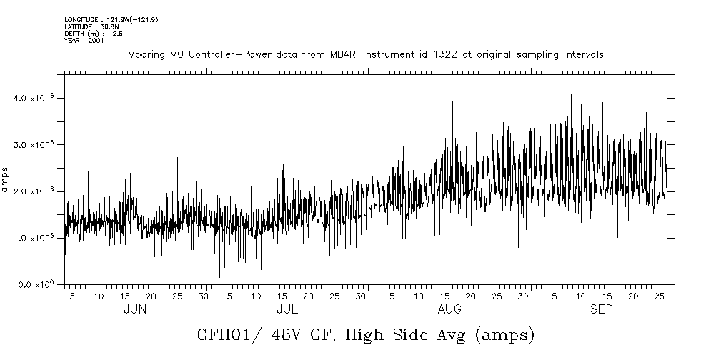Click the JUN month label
pos(135,309)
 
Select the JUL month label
pos(287,309)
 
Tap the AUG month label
pos(449,309)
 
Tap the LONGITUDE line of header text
pos(111,19)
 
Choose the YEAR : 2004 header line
pos(84,41)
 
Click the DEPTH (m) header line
pos(90,34)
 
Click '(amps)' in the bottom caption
pos(504,334)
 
